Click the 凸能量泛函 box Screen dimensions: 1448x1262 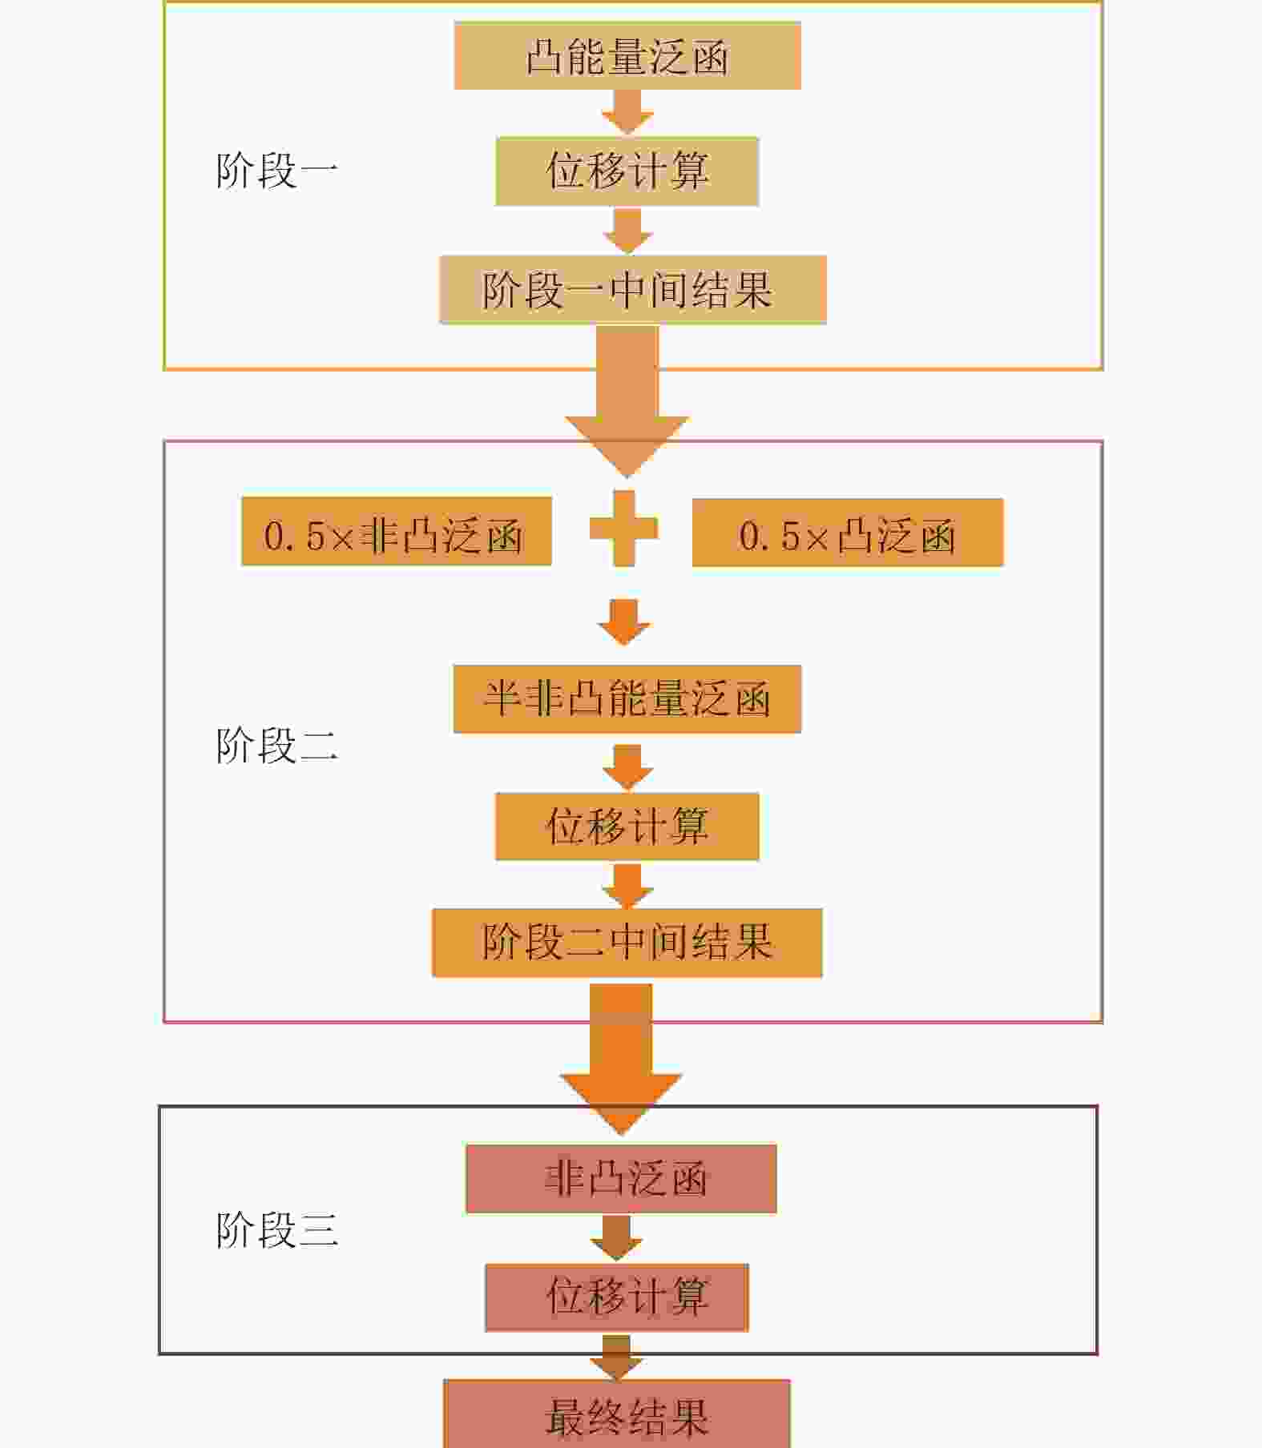(x=627, y=56)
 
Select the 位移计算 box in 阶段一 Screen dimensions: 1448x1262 (x=627, y=171)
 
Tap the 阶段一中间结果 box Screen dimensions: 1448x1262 (x=632, y=290)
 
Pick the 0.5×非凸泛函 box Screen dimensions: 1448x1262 (x=396, y=533)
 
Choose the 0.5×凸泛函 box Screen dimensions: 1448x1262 (x=847, y=533)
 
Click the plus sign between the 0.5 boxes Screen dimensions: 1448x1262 (x=623, y=529)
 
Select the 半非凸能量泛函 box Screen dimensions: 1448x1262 (x=627, y=698)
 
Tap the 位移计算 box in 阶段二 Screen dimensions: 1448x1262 (x=627, y=827)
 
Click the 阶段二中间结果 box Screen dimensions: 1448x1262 (x=627, y=943)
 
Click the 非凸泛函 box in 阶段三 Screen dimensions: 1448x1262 (x=621, y=1179)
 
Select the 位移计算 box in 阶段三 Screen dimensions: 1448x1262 (x=617, y=1297)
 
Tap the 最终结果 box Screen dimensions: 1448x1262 (x=617, y=1415)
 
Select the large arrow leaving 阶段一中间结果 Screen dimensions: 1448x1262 (x=627, y=400)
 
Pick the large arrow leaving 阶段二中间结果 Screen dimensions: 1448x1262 (x=621, y=1057)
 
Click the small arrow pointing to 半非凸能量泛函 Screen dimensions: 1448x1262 (x=624, y=622)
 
